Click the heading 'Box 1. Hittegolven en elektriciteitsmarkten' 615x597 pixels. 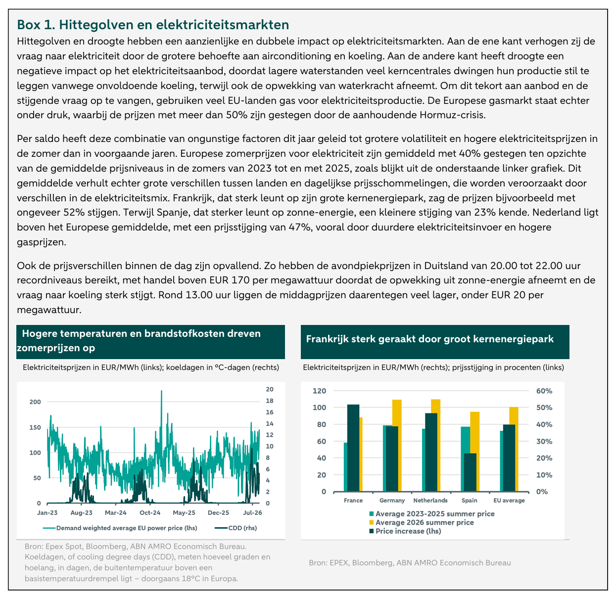pos(153,25)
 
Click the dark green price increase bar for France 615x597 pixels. pos(353,448)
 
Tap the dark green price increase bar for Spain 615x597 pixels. pos(470,472)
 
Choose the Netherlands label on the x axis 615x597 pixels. pos(430,501)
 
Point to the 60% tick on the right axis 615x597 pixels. pos(544,391)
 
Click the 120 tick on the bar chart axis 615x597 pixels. pos(319,391)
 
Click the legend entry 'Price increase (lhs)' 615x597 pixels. pos(405,531)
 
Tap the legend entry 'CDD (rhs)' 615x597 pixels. pos(236,528)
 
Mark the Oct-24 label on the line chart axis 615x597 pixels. pos(150,512)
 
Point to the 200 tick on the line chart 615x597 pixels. pos(35,402)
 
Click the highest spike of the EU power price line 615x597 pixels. pos(161,391)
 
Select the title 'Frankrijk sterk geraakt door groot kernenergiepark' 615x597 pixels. pos(430,339)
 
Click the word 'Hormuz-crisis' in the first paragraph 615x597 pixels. pos(452,115)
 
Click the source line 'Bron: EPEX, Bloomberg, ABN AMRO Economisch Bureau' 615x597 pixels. pos(410,562)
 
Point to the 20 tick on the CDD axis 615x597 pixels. pos(269,389)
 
